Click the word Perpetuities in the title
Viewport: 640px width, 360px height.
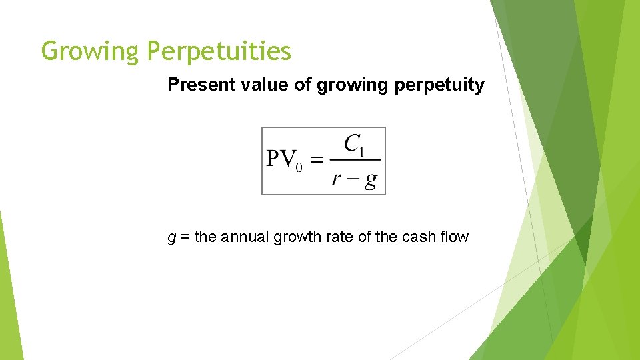pyautogui.click(x=219, y=51)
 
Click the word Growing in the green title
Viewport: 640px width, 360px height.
pyautogui.click(x=91, y=51)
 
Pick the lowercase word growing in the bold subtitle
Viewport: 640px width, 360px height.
pyautogui.click(x=348, y=86)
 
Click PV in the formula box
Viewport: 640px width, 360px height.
pyautogui.click(x=280, y=159)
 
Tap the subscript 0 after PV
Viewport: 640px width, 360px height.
pyautogui.click(x=299, y=167)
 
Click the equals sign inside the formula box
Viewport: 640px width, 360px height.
pyautogui.click(x=317, y=160)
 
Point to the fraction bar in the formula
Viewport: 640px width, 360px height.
pyautogui.click(x=355, y=160)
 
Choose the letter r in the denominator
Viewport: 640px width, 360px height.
pyautogui.click(x=337, y=179)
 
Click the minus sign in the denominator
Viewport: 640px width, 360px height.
pyautogui.click(x=353, y=179)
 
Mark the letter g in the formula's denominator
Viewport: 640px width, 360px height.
pyautogui.click(x=370, y=181)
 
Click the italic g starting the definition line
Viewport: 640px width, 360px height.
pyautogui.click(x=172, y=237)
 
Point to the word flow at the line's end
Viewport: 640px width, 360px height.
pyautogui.click(x=455, y=237)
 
